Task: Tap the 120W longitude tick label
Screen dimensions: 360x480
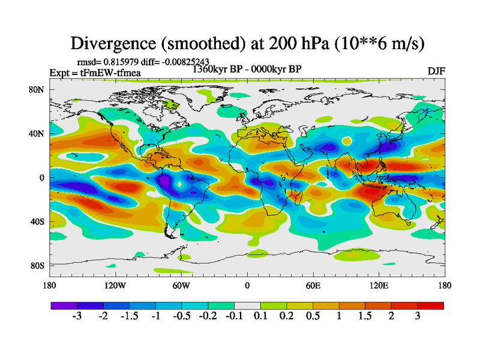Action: click(115, 286)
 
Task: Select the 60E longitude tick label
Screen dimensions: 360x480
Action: click(313, 286)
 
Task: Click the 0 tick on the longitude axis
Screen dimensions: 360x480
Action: click(247, 286)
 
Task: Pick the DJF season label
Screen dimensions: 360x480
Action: click(436, 71)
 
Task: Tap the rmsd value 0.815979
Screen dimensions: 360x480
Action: click(124, 61)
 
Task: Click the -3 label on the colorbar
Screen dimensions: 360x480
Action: click(77, 316)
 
